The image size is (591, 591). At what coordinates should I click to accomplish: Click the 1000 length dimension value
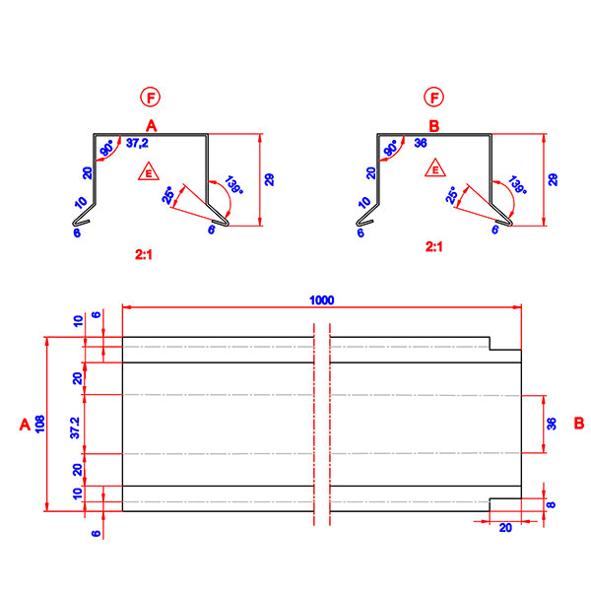322,299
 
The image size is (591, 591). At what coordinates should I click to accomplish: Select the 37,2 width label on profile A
140,144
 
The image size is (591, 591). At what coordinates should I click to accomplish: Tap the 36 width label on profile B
421,144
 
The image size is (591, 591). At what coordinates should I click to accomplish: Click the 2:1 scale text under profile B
433,248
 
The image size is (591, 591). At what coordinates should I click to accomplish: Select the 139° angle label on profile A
234,186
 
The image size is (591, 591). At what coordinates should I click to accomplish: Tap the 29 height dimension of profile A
269,179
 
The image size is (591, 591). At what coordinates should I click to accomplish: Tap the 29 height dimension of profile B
553,179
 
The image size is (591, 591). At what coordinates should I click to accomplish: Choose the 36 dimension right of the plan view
552,424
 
